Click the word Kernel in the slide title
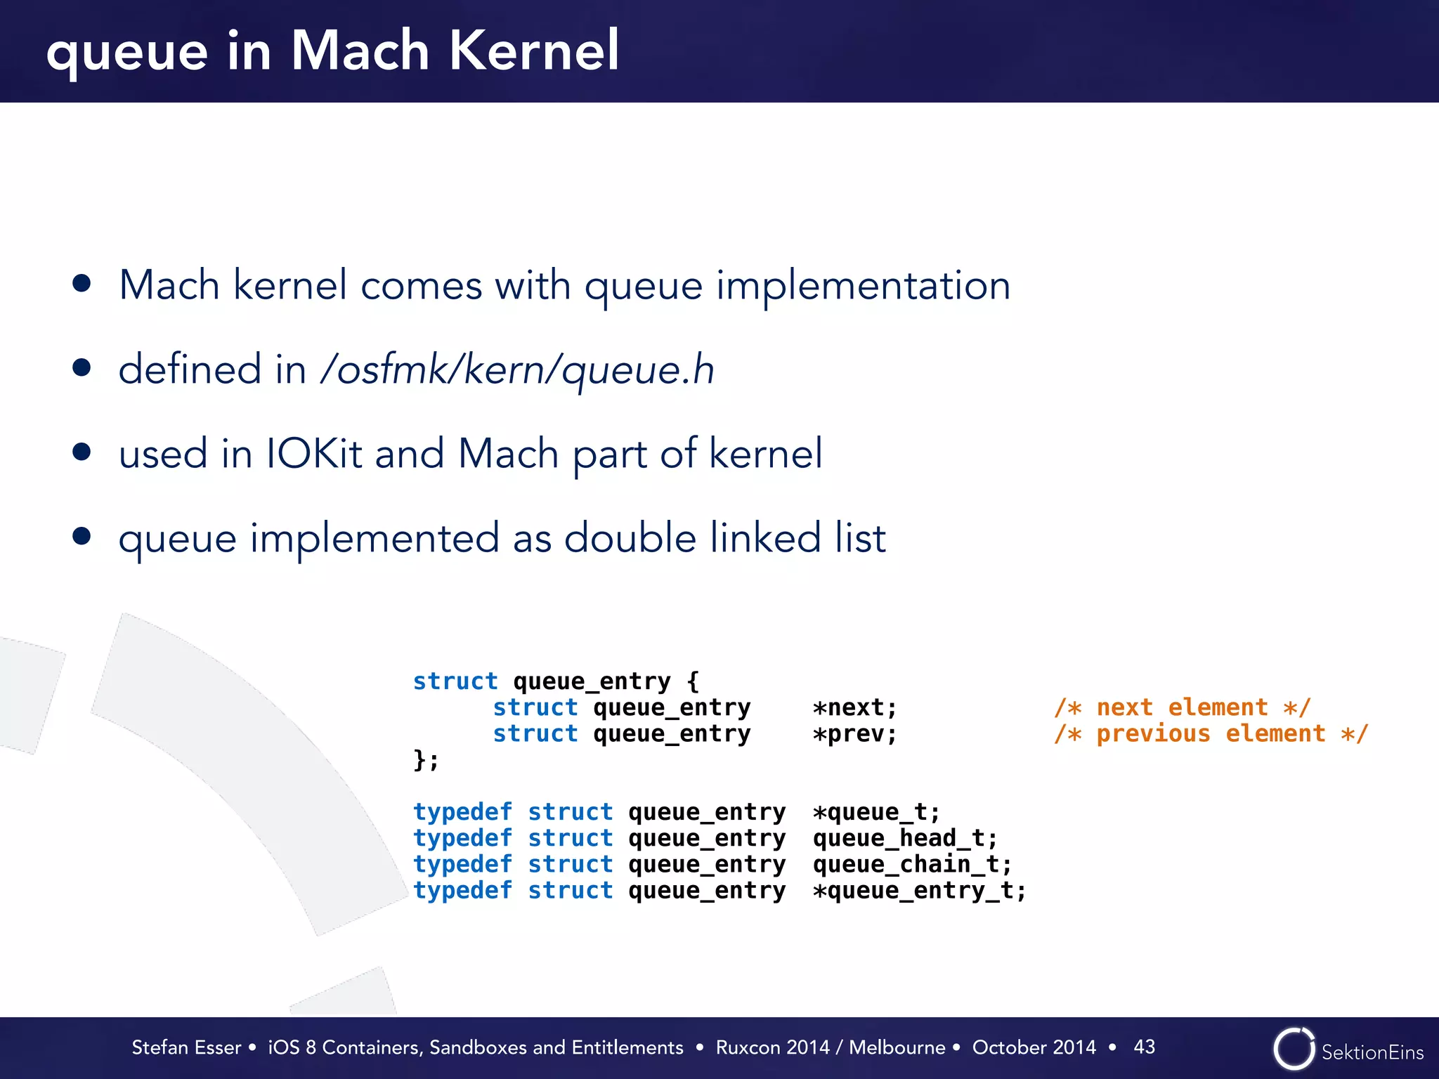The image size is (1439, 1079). coord(533,51)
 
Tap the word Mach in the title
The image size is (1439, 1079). coord(359,51)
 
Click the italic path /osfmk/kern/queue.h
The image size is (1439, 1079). coord(517,370)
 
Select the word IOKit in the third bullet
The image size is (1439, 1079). coord(313,454)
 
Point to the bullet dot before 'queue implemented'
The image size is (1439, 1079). coord(82,536)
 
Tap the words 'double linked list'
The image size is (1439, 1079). coord(724,538)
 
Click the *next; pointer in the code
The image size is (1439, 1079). coord(854,707)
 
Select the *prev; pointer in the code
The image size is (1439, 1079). coord(854,734)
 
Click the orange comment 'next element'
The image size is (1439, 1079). coord(1182,707)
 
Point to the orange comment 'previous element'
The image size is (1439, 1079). coord(1210,734)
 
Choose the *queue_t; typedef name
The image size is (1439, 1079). coord(875,812)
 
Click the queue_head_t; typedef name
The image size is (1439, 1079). coord(905,838)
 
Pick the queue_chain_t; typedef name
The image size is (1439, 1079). coord(912,864)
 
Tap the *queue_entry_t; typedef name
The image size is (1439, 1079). coord(919,891)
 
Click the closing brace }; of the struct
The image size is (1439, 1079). coord(425,760)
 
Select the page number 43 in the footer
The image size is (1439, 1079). coord(1144,1047)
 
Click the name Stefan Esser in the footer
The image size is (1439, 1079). coord(186,1047)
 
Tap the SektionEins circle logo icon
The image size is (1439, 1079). coord(1294,1049)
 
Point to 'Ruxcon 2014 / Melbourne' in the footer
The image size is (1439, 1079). coord(830,1047)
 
